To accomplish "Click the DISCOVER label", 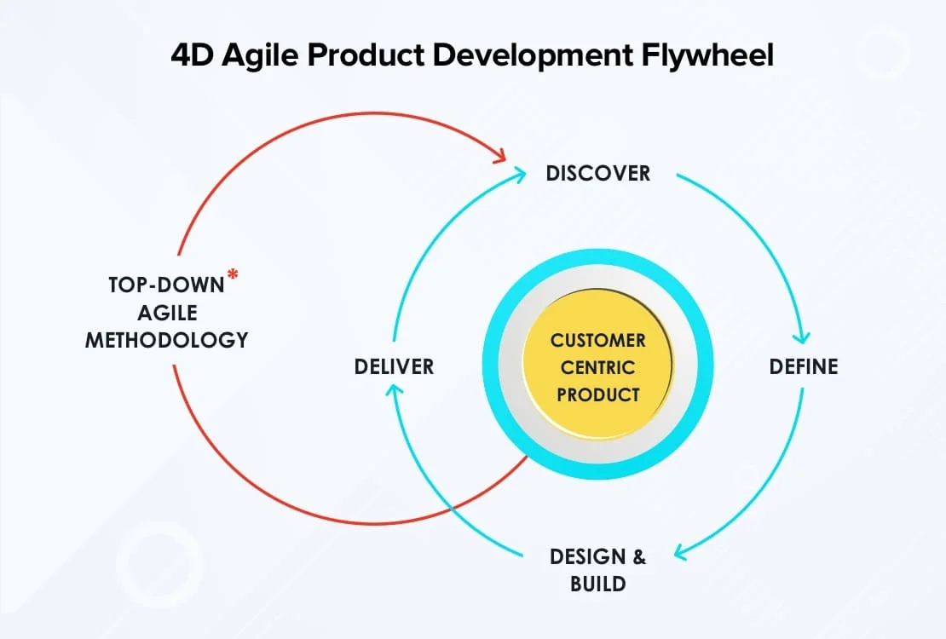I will tap(597, 174).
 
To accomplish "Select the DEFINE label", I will tap(804, 366).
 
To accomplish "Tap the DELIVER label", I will tap(394, 366).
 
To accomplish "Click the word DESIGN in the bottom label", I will tap(587, 557).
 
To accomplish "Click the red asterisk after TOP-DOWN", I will tap(232, 275).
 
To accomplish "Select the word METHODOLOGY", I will tap(167, 340).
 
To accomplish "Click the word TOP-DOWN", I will tap(166, 285).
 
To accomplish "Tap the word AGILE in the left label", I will tap(167, 313).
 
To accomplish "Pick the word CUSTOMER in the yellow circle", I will tap(597, 341).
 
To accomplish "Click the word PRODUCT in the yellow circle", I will tap(597, 394).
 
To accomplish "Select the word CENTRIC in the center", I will tap(597, 368).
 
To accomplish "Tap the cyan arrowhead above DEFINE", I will tap(801, 335).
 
